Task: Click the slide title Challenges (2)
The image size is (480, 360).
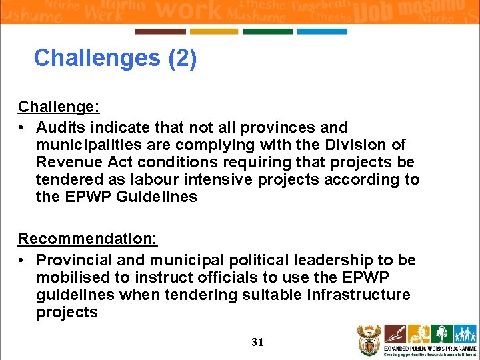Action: (115, 58)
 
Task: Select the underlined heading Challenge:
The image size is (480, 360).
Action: (59, 107)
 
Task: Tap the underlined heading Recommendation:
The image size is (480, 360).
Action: (87, 239)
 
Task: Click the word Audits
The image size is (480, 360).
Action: (61, 127)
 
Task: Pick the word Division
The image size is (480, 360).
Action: (359, 145)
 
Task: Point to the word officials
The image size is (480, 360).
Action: (225, 277)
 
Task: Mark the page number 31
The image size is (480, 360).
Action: (258, 342)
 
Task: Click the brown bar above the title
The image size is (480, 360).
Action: (161, 31)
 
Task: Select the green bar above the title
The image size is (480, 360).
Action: (268, 31)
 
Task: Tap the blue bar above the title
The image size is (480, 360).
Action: (322, 31)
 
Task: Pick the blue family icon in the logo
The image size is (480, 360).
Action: (464, 334)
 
